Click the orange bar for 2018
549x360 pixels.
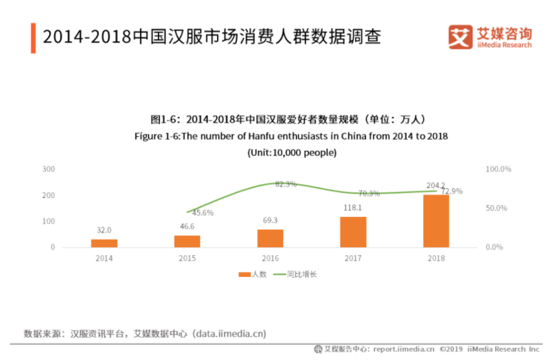click(436, 221)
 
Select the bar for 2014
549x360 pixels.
click(104, 243)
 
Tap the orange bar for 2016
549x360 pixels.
click(270, 238)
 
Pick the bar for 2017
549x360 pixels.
click(353, 232)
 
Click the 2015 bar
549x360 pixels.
click(187, 241)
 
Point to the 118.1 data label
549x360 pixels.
click(352, 208)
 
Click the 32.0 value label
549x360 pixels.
click(104, 230)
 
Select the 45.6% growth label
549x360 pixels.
click(202, 213)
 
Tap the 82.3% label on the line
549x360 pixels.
click(285, 184)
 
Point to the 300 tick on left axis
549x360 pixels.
click(49, 169)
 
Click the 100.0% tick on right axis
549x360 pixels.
click(498, 169)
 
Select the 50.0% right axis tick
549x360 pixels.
click(498, 209)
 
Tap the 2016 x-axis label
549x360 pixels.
click(270, 258)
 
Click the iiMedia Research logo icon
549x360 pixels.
click(460, 37)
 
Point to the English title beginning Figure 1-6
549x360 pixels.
click(291, 136)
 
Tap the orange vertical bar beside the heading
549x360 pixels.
click(33, 37)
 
